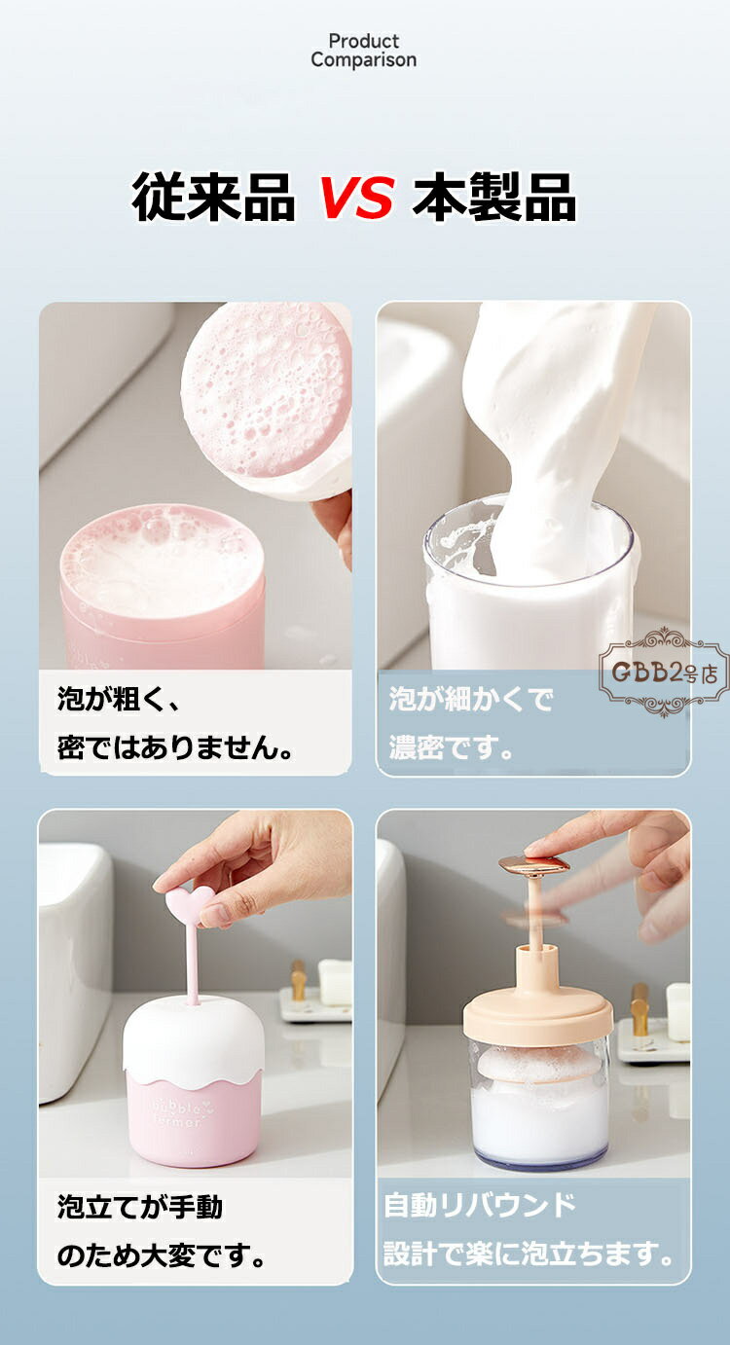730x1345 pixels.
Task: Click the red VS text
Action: pos(356,197)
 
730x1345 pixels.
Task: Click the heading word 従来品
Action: pos(213,197)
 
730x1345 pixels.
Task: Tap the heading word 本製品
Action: pos(494,197)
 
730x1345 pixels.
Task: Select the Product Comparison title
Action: pos(364,51)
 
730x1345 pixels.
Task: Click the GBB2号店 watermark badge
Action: pos(664,672)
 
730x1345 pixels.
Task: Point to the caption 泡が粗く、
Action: pos(119,699)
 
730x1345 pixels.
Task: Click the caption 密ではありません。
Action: pos(175,748)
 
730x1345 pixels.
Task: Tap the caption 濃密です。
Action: pos(451,748)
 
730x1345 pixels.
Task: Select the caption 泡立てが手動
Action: pos(140,1207)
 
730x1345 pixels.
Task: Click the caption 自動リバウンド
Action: pos(480,1205)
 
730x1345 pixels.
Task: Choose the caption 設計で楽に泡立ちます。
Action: pos(529,1254)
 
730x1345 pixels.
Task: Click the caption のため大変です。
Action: pos(161,1255)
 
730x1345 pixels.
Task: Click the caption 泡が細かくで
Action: pos(471,699)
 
